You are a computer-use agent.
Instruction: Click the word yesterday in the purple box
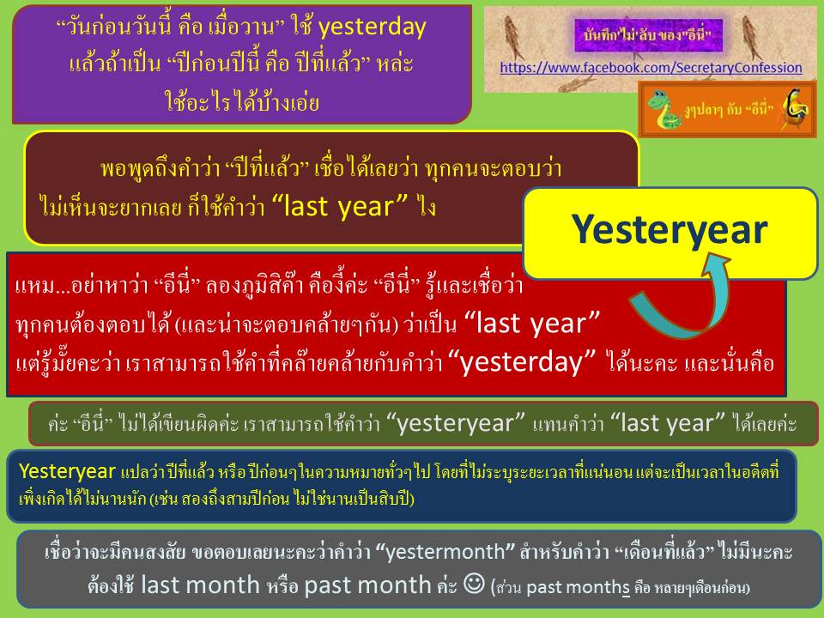click(x=372, y=27)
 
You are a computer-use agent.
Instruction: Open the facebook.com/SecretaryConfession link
click(x=651, y=68)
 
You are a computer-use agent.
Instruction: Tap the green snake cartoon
click(x=663, y=109)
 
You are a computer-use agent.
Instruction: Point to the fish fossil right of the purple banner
click(x=752, y=36)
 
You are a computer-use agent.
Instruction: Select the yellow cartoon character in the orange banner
click(x=796, y=108)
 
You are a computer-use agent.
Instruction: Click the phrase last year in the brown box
click(x=340, y=206)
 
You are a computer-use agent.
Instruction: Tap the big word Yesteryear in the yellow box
click(x=669, y=230)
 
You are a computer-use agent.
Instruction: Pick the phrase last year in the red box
click(x=532, y=323)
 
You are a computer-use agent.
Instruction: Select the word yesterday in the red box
click(x=523, y=362)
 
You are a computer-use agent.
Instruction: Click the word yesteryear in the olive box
click(x=455, y=423)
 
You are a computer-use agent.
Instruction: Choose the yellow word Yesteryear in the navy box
click(x=67, y=471)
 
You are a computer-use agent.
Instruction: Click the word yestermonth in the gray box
click(x=445, y=552)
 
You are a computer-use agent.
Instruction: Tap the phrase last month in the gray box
click(x=200, y=585)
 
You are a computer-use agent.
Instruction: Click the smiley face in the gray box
click(x=474, y=584)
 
